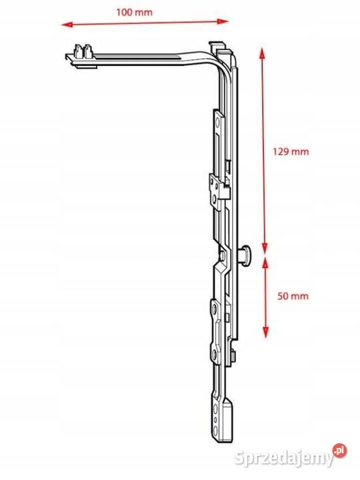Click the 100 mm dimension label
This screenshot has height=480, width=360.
click(x=134, y=12)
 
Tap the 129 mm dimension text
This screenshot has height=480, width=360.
click(x=291, y=151)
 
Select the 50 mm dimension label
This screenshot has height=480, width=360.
click(x=293, y=296)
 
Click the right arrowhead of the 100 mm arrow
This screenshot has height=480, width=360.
click(x=223, y=21)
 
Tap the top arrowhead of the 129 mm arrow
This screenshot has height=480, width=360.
click(x=261, y=53)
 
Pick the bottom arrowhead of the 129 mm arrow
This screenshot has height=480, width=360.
click(x=265, y=248)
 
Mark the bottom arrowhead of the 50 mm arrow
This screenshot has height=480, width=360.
click(x=265, y=333)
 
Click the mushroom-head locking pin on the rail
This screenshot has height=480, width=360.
click(x=245, y=255)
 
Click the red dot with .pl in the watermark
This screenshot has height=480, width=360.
click(x=340, y=451)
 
